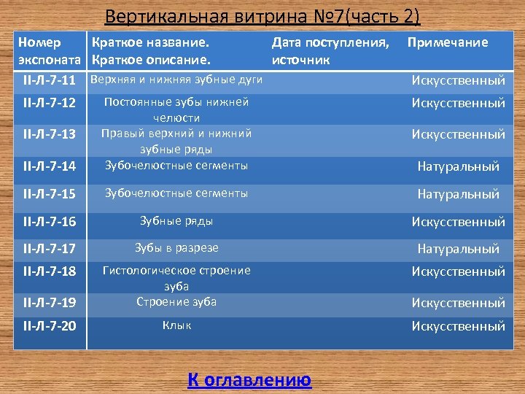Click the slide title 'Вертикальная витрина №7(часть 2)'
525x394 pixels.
[x=262, y=16]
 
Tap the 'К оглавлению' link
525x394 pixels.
[x=249, y=379]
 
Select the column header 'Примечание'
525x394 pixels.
[x=448, y=42]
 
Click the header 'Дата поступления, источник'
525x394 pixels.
[x=330, y=50]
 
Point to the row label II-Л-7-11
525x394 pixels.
[x=50, y=79]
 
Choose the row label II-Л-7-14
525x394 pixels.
[x=50, y=166]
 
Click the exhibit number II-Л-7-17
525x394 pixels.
[x=50, y=249]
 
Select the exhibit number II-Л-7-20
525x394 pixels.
[x=50, y=326]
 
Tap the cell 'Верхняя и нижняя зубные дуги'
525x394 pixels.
[x=176, y=78]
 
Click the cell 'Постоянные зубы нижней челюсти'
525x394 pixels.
[x=176, y=109]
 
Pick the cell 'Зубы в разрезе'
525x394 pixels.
[x=176, y=248]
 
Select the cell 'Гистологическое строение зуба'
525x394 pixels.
[x=176, y=278]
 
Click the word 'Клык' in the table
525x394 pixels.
[x=176, y=325]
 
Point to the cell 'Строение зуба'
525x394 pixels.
[x=176, y=301]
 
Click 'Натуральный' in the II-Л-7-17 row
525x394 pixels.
[x=458, y=249]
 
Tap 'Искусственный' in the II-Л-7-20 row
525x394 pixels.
[x=458, y=326]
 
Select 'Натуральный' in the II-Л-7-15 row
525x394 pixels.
[x=458, y=194]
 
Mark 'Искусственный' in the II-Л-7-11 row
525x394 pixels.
[x=458, y=80]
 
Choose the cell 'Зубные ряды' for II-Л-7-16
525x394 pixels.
[x=176, y=220]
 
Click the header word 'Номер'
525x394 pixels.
[x=39, y=42]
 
